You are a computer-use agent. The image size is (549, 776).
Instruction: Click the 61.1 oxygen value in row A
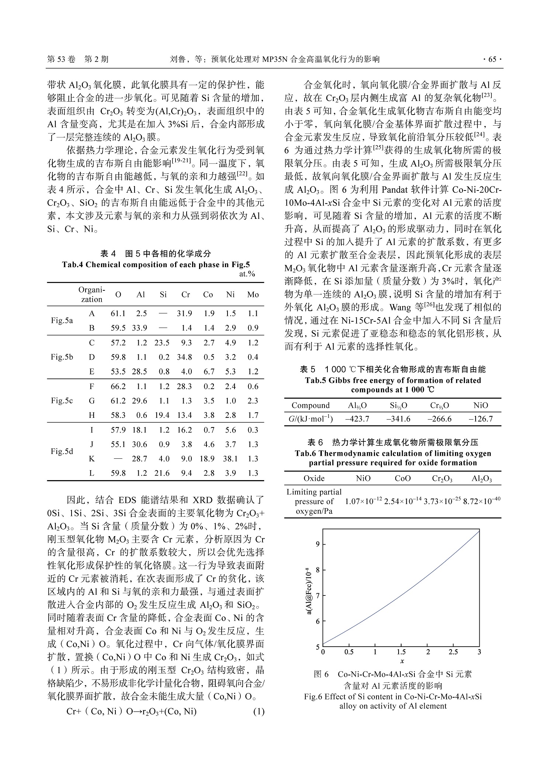pos(118,314)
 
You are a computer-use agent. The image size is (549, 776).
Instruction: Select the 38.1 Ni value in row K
pos(230,459)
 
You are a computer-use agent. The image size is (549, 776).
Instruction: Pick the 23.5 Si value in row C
pos(162,343)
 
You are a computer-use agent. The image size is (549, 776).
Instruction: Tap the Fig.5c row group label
pos(62,401)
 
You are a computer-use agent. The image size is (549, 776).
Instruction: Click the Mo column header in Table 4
pos(253,295)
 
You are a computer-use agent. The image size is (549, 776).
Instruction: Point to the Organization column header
pos(92,295)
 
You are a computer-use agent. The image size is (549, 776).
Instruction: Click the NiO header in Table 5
pos(481,405)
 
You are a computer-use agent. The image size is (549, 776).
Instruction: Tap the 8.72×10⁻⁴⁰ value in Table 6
pos(482,501)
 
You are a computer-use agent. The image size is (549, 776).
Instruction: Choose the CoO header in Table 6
pos(403,478)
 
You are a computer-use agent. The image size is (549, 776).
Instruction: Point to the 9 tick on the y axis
pos(317,544)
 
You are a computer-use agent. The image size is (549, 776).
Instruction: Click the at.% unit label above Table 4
pos(247,274)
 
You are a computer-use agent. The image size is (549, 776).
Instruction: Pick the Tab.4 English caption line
pos(156,265)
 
